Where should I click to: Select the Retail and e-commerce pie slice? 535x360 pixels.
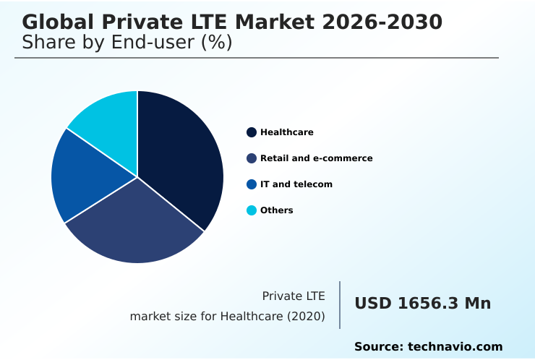[x=137, y=224]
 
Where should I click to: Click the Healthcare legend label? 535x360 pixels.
[x=286, y=132]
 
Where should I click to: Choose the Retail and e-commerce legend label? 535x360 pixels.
[x=316, y=158]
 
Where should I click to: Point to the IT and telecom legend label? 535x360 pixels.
[x=296, y=184]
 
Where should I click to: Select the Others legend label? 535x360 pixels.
[x=276, y=210]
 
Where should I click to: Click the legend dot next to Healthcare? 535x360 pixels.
[x=252, y=132]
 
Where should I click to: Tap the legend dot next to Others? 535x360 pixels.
[x=252, y=210]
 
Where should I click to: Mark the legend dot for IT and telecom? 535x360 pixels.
[x=252, y=184]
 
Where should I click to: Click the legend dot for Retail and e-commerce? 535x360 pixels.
[x=252, y=158]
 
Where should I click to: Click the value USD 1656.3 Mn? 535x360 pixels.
[x=422, y=304]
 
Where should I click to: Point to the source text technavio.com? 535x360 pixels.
[x=455, y=347]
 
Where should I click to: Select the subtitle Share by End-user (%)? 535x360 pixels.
[x=127, y=43]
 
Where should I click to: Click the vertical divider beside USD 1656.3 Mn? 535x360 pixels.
[x=340, y=305]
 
